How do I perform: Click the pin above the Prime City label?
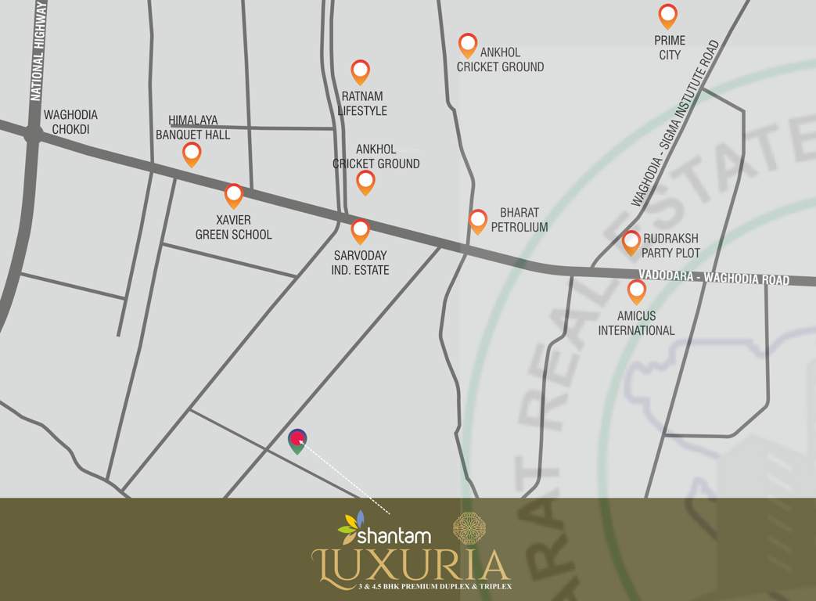tap(667, 15)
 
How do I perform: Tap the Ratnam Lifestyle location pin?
tap(360, 71)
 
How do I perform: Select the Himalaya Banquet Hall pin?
tap(192, 153)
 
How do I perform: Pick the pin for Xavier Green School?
tap(234, 195)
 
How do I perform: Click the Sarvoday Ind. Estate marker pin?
tap(360, 230)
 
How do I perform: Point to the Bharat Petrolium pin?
tap(478, 221)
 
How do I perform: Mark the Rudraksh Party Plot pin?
tap(631, 242)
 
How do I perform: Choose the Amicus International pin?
tap(637, 291)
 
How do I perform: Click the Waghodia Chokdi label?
tap(70, 122)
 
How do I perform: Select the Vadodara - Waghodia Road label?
tap(714, 277)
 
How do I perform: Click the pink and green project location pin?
tap(297, 441)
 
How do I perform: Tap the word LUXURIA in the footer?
tap(411, 565)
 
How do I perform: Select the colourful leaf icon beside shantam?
tap(352, 527)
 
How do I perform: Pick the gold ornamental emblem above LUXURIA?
tap(470, 529)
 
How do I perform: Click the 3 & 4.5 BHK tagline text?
tap(434, 586)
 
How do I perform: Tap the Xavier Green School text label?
tap(234, 227)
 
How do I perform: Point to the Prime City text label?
tap(670, 48)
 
